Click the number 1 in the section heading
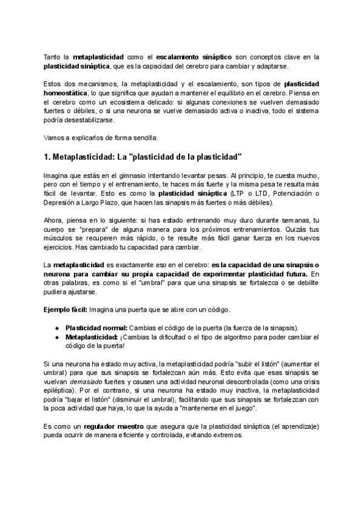coord(47,156)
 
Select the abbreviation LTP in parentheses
coord(230,193)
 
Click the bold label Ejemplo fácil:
coord(66,309)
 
